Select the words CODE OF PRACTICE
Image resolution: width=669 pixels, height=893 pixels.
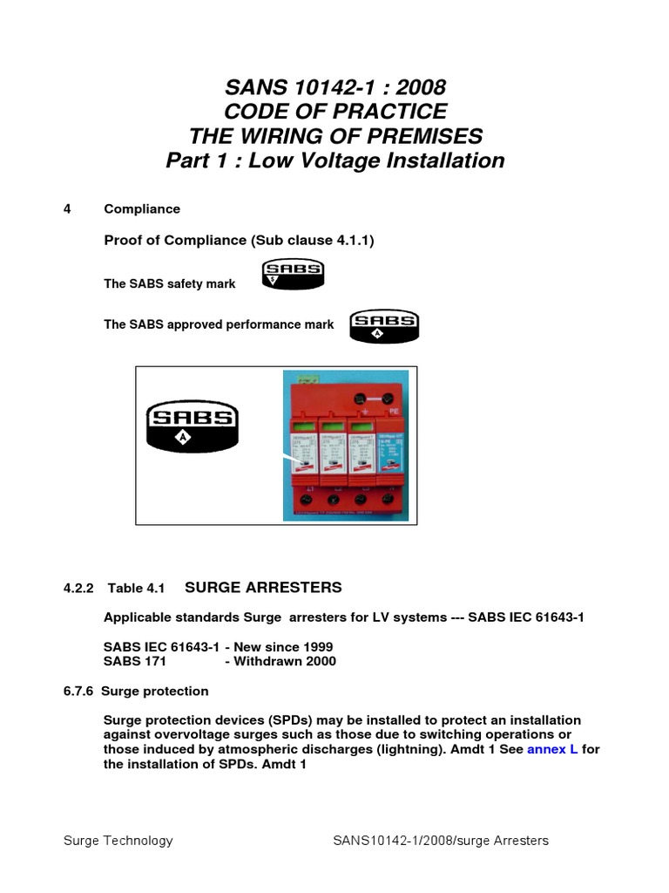[x=335, y=112]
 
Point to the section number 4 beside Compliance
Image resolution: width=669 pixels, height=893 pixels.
[x=67, y=209]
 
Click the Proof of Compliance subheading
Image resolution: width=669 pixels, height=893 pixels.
[x=239, y=241]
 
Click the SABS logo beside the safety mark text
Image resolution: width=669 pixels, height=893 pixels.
[x=294, y=274]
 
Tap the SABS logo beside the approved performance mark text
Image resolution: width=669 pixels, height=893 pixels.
[x=384, y=325]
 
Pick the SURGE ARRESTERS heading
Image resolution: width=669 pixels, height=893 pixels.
[x=264, y=588]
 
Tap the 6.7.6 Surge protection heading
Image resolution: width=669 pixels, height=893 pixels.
[x=136, y=691]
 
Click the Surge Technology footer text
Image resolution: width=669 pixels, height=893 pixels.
[x=118, y=841]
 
